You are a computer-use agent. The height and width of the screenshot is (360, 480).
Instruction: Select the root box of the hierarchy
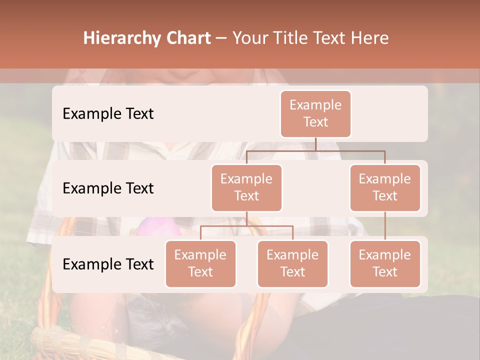(x=315, y=113)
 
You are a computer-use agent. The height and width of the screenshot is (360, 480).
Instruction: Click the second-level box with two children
(x=246, y=187)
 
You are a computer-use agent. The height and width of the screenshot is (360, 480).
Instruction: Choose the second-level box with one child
(x=385, y=187)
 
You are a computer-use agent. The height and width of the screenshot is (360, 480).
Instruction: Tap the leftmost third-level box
(x=200, y=263)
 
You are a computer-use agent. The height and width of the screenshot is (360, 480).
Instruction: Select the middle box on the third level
(x=292, y=263)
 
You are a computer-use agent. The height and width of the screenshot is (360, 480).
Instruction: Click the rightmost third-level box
(x=385, y=263)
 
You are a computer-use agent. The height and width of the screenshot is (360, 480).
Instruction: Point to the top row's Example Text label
(x=108, y=113)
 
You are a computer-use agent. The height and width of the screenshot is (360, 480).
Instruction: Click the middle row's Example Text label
(x=108, y=188)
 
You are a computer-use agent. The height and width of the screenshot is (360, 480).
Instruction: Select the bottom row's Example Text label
(x=108, y=264)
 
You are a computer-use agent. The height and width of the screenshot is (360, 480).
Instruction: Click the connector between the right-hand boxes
(x=385, y=225)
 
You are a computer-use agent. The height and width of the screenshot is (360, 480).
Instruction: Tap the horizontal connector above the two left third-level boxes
(x=246, y=226)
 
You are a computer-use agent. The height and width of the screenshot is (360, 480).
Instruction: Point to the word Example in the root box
(x=315, y=105)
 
